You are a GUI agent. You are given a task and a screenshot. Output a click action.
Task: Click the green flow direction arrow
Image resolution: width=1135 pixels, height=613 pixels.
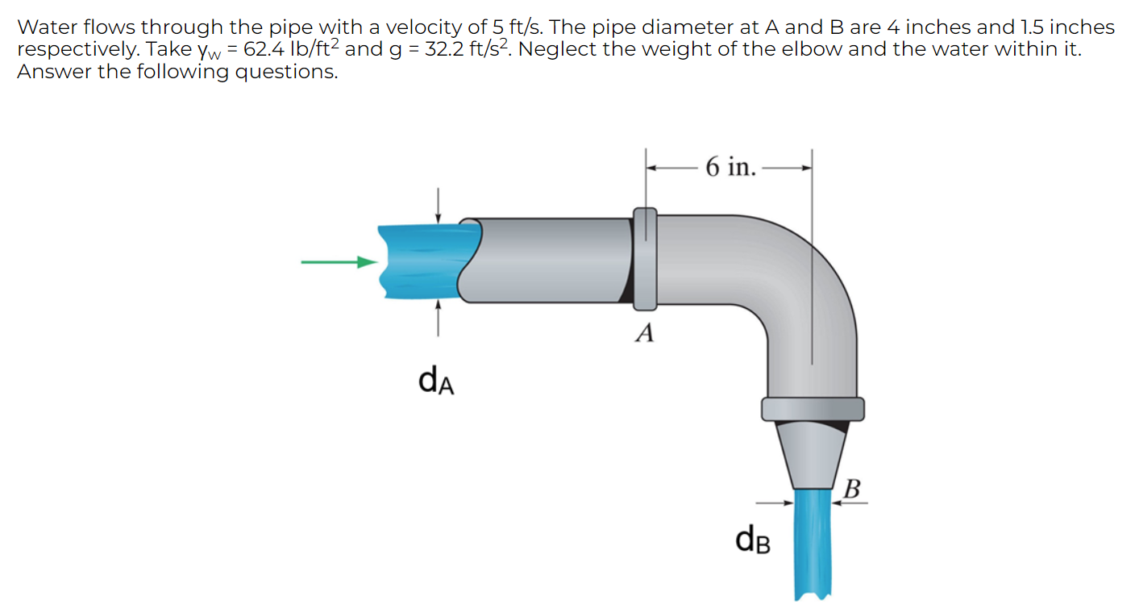click(x=339, y=261)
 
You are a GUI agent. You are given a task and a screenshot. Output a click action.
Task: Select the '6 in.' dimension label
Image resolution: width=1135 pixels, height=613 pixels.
click(x=730, y=167)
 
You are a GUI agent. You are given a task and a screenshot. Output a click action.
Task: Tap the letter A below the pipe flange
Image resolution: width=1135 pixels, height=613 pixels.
click(x=643, y=332)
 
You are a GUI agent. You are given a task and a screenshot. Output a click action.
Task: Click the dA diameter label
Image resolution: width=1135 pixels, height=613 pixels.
click(x=436, y=380)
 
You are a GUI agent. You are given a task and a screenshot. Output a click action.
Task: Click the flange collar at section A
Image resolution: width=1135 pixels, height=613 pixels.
click(x=644, y=259)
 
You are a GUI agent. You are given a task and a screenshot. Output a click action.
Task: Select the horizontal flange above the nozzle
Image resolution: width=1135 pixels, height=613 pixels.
click(x=812, y=409)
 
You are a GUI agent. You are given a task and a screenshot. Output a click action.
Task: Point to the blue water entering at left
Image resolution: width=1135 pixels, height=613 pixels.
click(x=419, y=261)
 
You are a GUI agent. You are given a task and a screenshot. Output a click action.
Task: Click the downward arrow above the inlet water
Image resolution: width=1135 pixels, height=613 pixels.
click(x=438, y=205)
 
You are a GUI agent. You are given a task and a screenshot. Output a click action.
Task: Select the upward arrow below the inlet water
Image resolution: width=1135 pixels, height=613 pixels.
click(x=438, y=316)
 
